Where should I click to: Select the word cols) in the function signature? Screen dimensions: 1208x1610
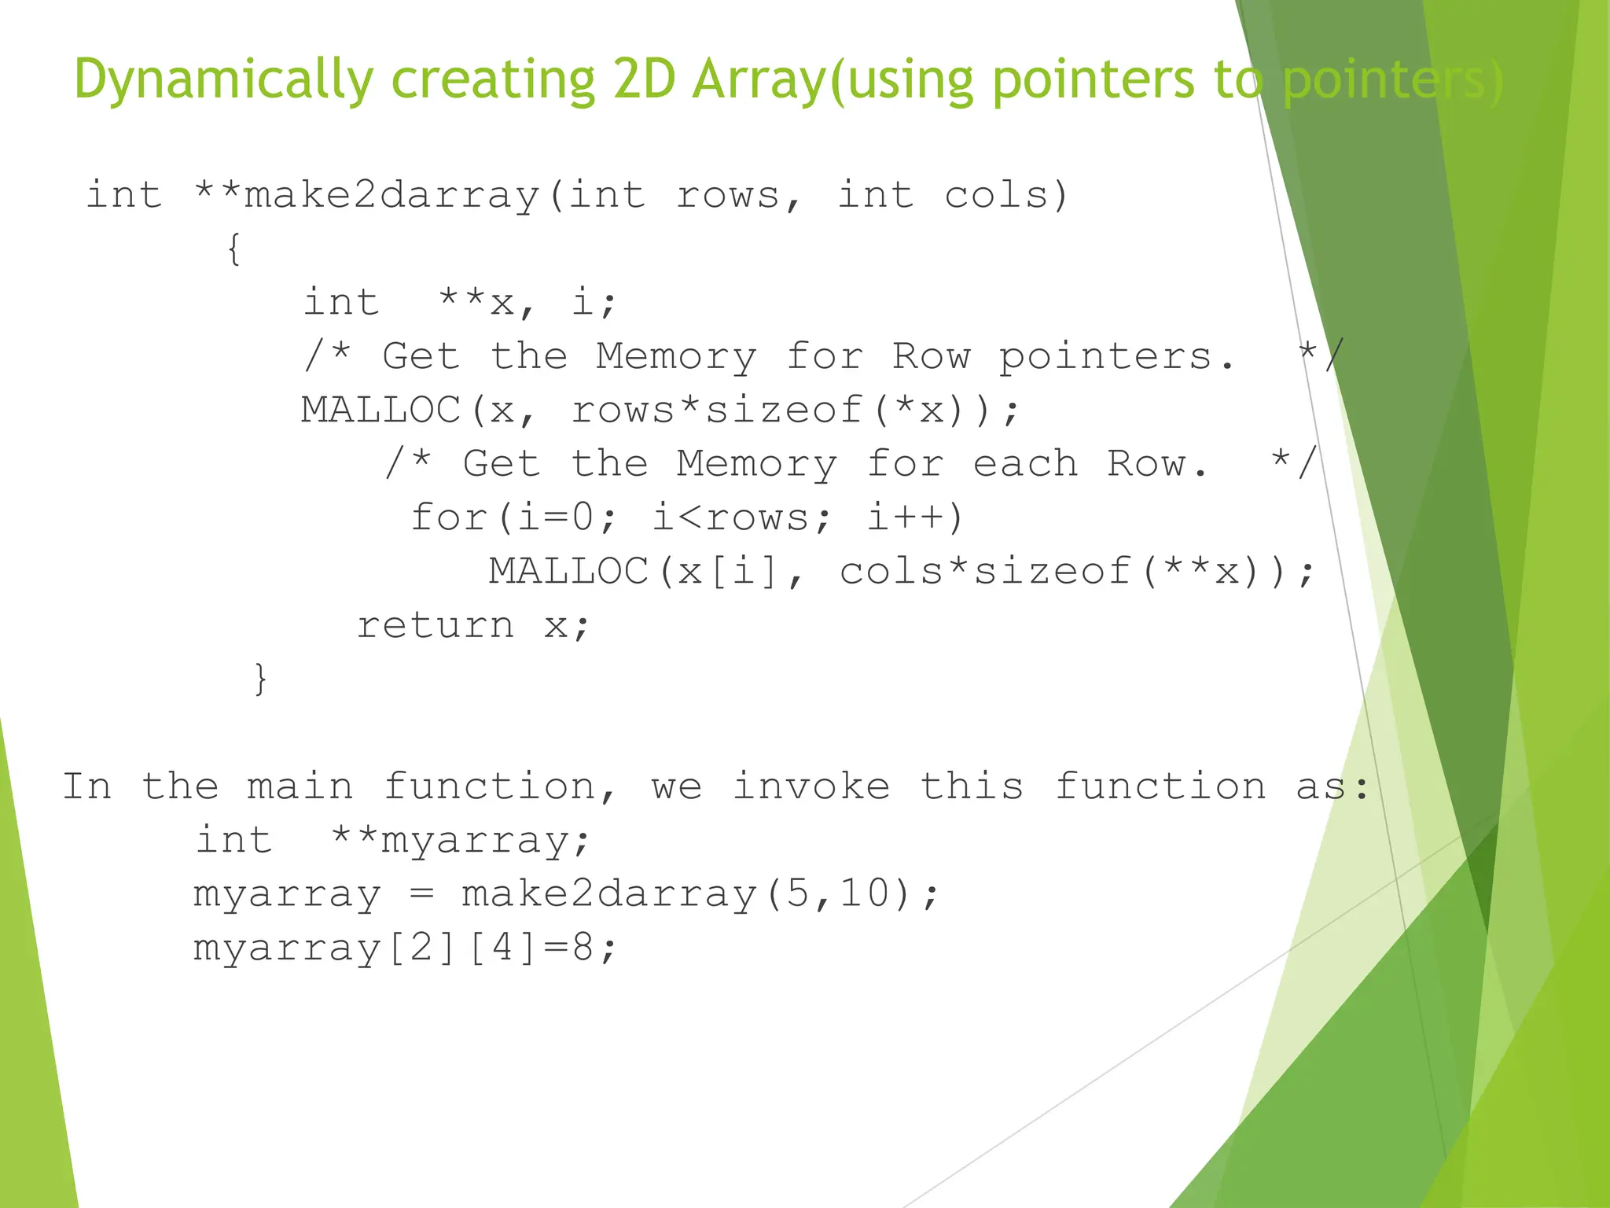point(1006,195)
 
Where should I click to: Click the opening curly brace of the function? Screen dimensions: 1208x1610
point(233,249)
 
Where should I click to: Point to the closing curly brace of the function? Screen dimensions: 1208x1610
point(260,678)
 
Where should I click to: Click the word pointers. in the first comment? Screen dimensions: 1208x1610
point(1116,356)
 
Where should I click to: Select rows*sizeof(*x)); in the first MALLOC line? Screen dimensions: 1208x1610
point(795,410)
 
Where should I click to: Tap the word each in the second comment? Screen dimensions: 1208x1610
point(1025,463)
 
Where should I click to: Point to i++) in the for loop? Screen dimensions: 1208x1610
point(915,517)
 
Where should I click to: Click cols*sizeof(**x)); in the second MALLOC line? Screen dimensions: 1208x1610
point(1076,571)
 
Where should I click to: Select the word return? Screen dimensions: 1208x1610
point(436,625)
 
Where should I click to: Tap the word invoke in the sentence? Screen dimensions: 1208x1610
point(811,786)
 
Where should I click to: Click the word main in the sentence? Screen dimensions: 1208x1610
point(300,786)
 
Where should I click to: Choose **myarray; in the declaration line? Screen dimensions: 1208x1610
point(461,841)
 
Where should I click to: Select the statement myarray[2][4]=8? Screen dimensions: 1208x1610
point(405,948)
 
